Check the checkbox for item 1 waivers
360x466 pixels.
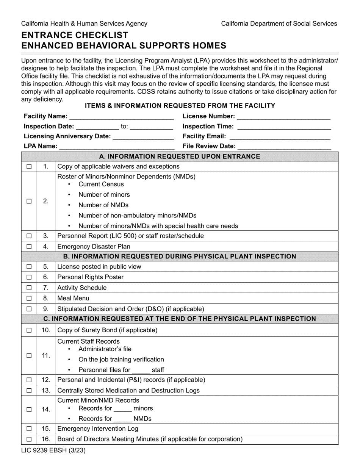pyautogui.click(x=29, y=167)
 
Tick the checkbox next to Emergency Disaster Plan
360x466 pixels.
pyautogui.click(x=29, y=247)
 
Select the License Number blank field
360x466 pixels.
pyautogui.click(x=284, y=117)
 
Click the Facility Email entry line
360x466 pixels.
pyautogui.click(x=280, y=137)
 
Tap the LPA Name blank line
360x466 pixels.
pyautogui.click(x=116, y=147)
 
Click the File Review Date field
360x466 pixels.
pyautogui.click(x=285, y=147)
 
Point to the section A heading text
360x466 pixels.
pyautogui.click(x=180, y=156)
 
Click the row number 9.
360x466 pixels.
pyautogui.click(x=46, y=309)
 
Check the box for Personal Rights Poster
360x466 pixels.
pyautogui.click(x=29, y=277)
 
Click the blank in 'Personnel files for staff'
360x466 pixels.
pyautogui.click(x=141, y=371)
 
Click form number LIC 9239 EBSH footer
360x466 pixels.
pyautogui.click(x=50, y=451)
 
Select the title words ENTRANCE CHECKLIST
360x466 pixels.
pyautogui.click(x=75, y=35)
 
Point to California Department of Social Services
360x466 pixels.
pyautogui.click(x=279, y=23)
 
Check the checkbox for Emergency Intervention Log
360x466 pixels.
pyautogui.click(x=29, y=429)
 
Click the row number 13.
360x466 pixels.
pyautogui.click(x=46, y=391)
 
